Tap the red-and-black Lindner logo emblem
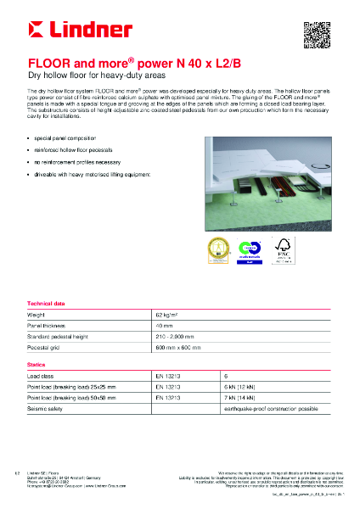click(38, 31)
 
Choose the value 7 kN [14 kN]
click(241, 396)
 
